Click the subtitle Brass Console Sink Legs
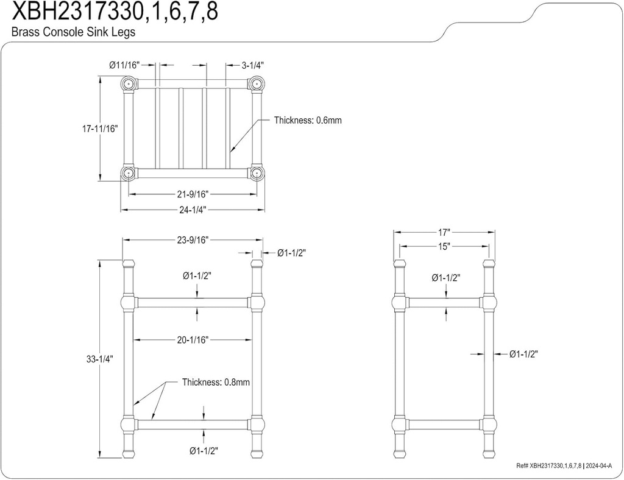(x=73, y=32)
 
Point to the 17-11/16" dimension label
(x=100, y=129)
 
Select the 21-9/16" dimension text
(x=192, y=194)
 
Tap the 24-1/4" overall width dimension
(x=192, y=210)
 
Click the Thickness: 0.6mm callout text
(x=308, y=120)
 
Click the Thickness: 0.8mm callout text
(x=216, y=383)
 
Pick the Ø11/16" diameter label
(x=125, y=64)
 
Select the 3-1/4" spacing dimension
(x=253, y=64)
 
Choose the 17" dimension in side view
(x=443, y=232)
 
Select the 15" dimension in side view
(x=443, y=247)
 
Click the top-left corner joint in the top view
(x=128, y=83)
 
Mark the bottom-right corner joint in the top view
(x=257, y=173)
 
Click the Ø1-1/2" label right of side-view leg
(x=523, y=354)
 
